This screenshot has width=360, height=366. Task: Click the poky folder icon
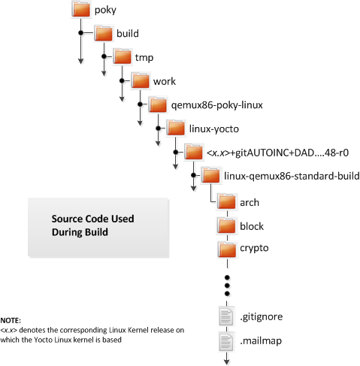(81, 9)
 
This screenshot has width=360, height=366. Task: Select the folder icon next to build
(104, 33)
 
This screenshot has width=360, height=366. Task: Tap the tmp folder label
(144, 58)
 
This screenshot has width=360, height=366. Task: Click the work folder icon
(141, 80)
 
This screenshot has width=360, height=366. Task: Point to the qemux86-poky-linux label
(217, 105)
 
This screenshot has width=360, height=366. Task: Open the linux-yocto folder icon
(176, 128)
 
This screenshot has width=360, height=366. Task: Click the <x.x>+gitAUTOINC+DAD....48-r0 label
(277, 153)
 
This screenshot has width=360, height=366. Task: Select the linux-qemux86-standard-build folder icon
(210, 175)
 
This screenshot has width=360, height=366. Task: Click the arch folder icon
(227, 201)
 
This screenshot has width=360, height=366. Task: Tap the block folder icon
(227, 225)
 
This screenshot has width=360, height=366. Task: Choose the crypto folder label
(254, 248)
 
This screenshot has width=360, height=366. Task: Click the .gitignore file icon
(227, 316)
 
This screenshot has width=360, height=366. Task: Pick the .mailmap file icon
(227, 341)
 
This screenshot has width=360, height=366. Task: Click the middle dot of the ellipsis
(227, 286)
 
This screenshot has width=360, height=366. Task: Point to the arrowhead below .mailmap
(227, 361)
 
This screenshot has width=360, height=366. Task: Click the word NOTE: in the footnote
(11, 320)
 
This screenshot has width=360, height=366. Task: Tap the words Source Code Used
(92, 219)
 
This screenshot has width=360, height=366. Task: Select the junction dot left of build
(80, 33)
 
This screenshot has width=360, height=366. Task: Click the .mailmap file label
(261, 341)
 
